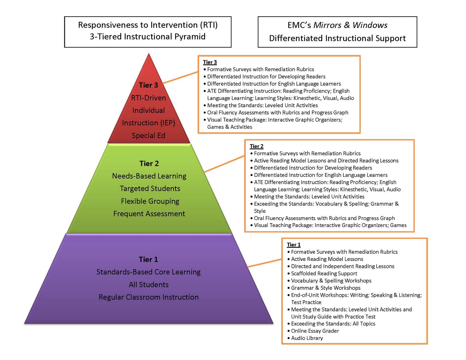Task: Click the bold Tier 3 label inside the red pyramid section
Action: pos(148,85)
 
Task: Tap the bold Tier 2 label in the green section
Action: pos(149,163)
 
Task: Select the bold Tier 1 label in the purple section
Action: pos(148,259)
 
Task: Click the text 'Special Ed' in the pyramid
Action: pos(149,135)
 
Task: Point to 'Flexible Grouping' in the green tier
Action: pos(150,201)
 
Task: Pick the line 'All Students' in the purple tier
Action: pos(149,285)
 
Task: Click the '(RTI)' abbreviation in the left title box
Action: pos(209,25)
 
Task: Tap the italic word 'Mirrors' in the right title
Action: pos(327,25)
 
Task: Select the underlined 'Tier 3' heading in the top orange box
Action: pos(210,62)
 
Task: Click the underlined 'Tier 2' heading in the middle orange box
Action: pos(257,146)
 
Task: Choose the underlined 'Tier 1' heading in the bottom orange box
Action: pos(294,245)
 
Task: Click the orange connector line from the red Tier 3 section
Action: pos(180,77)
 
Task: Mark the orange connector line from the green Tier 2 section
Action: pos(224,164)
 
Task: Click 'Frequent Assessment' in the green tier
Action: pos(149,214)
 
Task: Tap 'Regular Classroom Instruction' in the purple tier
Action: pos(149,297)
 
